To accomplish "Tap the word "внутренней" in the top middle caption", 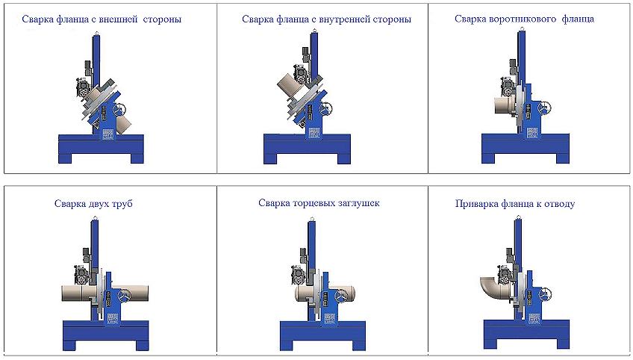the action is click(x=345, y=19).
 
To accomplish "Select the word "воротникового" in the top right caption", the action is click(x=522, y=19).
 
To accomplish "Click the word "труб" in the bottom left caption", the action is click(x=121, y=204).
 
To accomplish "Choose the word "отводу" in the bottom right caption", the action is click(x=560, y=204).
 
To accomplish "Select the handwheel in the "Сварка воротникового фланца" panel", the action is click(x=545, y=108).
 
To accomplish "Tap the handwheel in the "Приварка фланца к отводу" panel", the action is click(x=545, y=294).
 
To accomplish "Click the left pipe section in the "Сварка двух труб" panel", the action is click(x=72, y=293).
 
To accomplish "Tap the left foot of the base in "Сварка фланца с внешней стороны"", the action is click(x=65, y=158).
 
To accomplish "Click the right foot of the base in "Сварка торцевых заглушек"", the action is click(x=359, y=344).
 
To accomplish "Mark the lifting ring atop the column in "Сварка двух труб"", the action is click(x=96, y=218).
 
